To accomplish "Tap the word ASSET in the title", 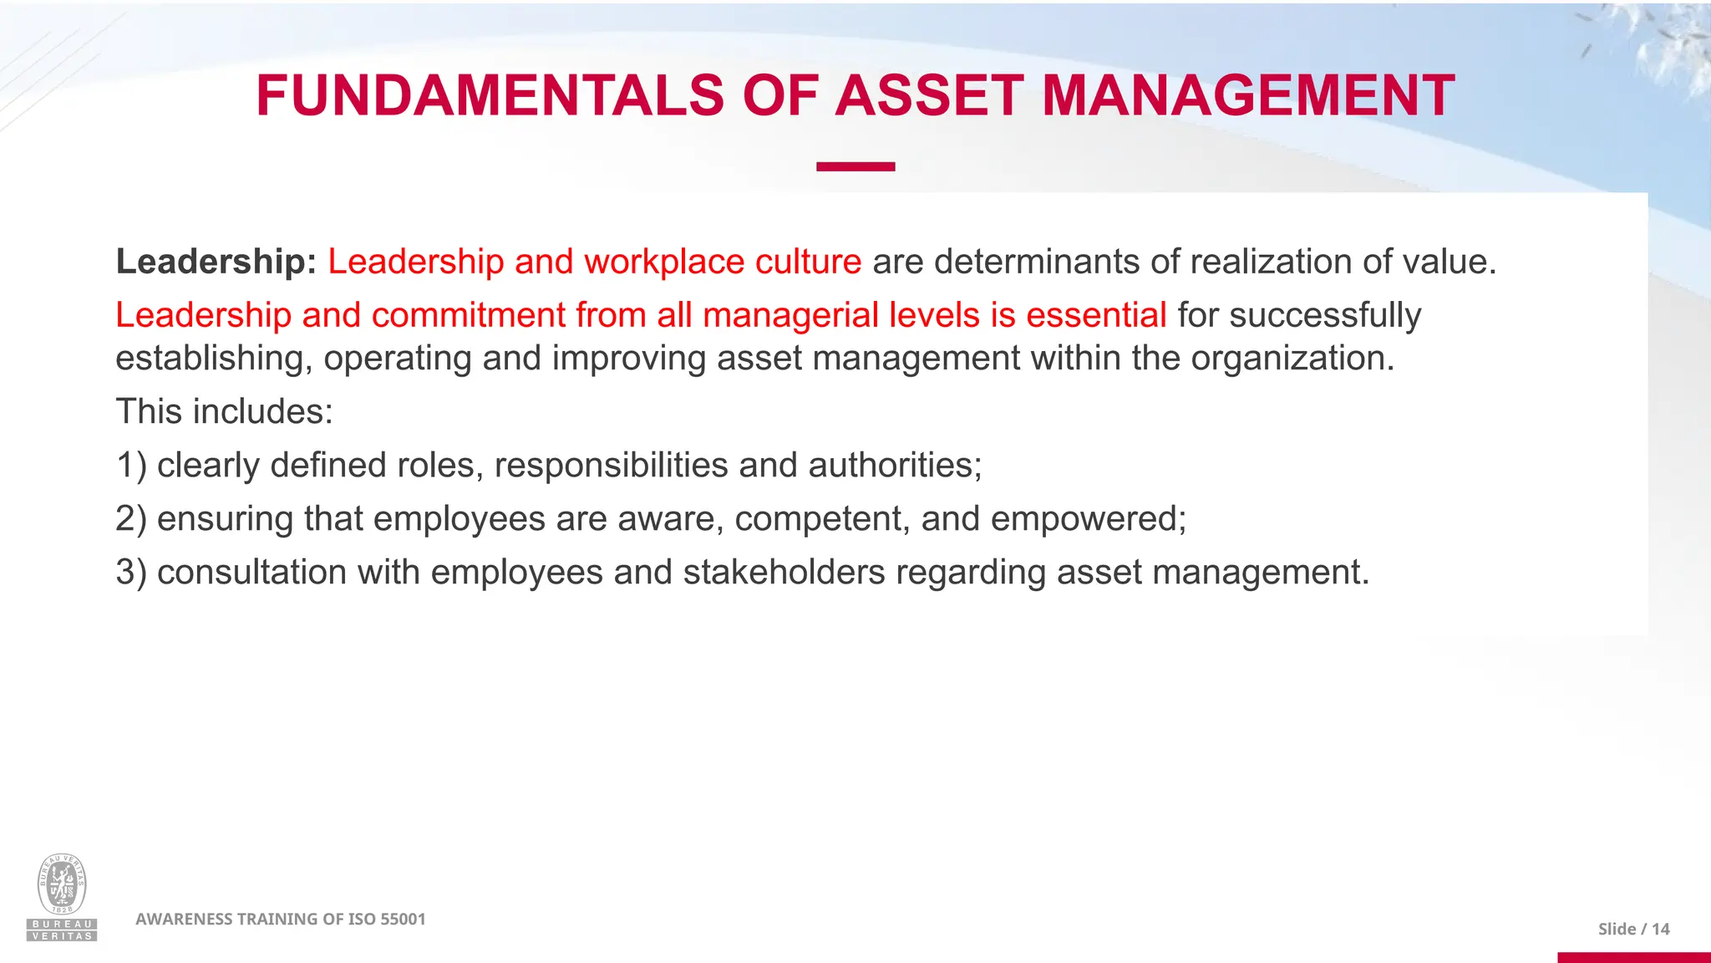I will (929, 95).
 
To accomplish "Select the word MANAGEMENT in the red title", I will (1248, 95).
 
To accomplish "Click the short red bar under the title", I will (855, 166).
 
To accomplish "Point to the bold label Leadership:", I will (216, 262).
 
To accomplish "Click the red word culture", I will (808, 262).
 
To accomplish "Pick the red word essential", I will (1096, 315).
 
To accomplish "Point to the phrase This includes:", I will (224, 411).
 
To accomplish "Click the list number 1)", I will (131, 465).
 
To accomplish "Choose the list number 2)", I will (131, 518).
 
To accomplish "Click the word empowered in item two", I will (1087, 519).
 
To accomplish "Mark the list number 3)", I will (131, 572).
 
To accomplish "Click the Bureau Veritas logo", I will (62, 897).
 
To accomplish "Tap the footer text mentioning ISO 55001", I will (281, 919).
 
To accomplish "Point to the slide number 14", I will (1660, 929).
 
